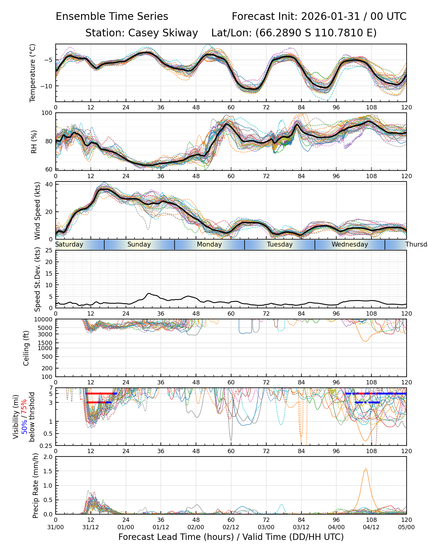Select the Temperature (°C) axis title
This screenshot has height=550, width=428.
click(33, 73)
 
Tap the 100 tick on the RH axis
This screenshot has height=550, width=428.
click(47, 113)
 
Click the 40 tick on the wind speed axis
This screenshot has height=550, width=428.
click(50, 184)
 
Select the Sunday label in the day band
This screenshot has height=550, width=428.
click(139, 244)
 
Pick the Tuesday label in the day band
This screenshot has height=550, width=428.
click(280, 244)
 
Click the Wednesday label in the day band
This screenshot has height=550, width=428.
click(350, 244)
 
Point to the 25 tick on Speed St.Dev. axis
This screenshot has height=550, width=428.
click(49, 251)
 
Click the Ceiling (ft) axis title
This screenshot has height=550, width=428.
click(26, 348)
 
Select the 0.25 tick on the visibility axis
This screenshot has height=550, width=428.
click(46, 445)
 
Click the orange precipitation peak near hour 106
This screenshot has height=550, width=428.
click(366, 469)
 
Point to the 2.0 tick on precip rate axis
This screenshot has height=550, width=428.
click(47, 457)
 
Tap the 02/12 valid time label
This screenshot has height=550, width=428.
click(231, 527)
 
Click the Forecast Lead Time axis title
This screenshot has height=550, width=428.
click(231, 537)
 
